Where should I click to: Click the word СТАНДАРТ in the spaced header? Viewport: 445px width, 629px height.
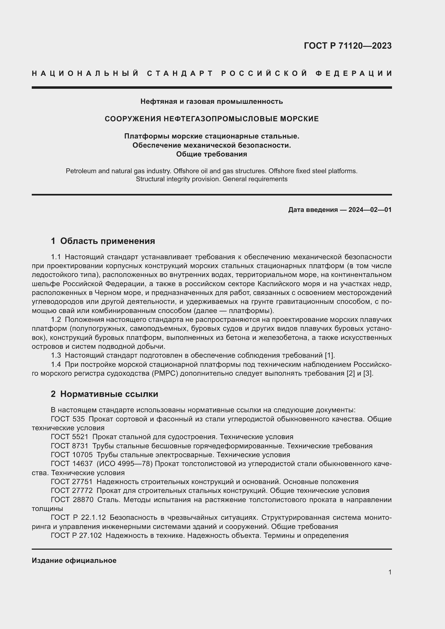point(180,73)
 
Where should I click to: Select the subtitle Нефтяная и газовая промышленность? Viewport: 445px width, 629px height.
point(211,102)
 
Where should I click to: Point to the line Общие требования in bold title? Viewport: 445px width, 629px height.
point(211,154)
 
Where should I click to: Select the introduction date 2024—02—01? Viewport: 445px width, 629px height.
point(370,210)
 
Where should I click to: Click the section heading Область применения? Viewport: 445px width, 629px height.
point(107,241)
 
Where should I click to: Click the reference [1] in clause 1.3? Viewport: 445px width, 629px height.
point(329,356)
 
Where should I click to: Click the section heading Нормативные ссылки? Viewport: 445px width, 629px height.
point(109,394)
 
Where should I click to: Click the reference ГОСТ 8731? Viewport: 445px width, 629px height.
point(70,446)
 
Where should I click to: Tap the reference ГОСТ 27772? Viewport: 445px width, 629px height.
point(72,491)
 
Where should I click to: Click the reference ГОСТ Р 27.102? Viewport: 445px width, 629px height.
point(76,535)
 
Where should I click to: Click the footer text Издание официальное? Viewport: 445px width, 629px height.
point(74,560)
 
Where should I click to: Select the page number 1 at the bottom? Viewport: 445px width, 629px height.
point(390,572)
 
